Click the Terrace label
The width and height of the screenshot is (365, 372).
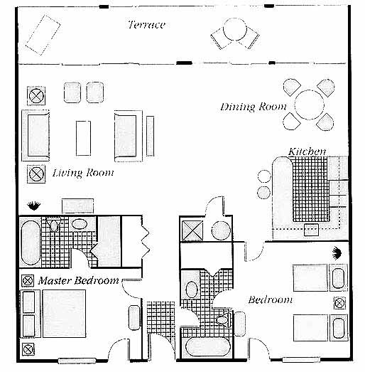click(x=146, y=25)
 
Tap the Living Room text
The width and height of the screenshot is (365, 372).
click(x=83, y=173)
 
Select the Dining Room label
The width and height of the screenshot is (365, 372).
click(x=254, y=107)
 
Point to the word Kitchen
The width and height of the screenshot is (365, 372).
click(x=307, y=152)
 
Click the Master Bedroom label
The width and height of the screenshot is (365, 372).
click(x=78, y=281)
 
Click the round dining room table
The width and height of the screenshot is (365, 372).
click(x=309, y=105)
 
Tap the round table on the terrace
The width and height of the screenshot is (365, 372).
click(x=235, y=29)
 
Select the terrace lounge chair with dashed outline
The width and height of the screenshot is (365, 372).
click(x=43, y=35)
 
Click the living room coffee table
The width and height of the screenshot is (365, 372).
click(x=83, y=138)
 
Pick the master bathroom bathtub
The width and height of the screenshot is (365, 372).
click(x=31, y=243)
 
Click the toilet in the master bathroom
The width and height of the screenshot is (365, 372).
click(x=54, y=224)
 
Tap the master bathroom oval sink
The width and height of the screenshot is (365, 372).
click(x=79, y=224)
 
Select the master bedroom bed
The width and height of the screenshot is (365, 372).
click(x=64, y=314)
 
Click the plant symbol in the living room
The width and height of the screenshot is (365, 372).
click(x=33, y=206)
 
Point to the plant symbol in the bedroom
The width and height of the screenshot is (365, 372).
click(x=337, y=253)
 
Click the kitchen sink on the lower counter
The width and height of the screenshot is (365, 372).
click(x=311, y=230)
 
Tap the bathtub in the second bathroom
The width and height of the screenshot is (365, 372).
click(x=208, y=346)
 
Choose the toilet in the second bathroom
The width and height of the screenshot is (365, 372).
click(x=224, y=320)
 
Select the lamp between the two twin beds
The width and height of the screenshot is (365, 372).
click(x=339, y=303)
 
